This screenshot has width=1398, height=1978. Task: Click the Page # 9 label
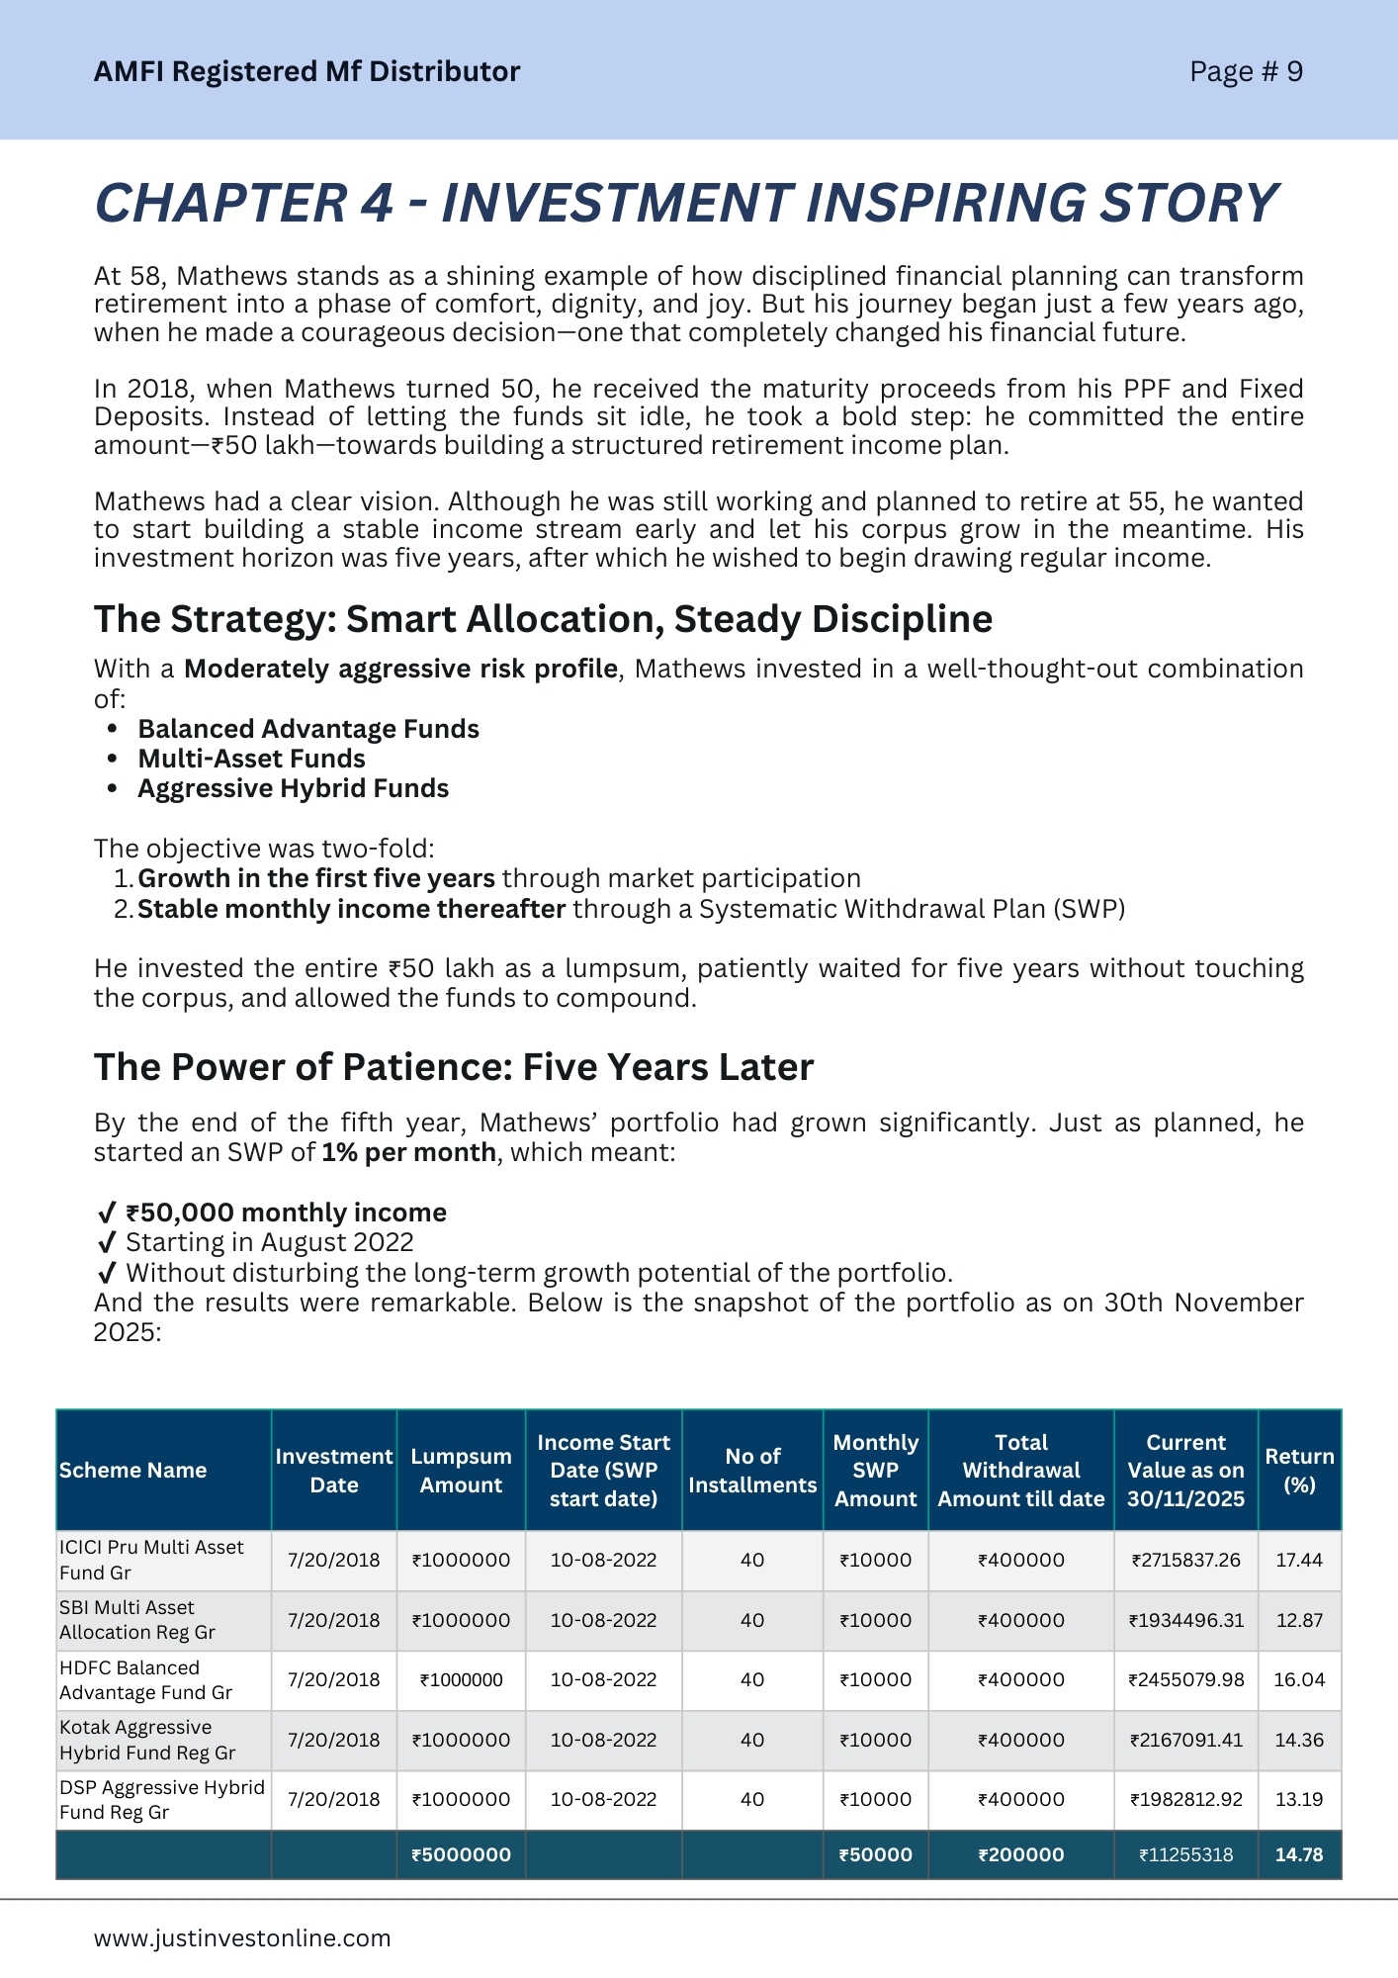1246,71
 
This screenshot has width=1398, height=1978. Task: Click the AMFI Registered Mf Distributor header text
306,71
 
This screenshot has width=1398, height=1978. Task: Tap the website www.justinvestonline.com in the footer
242,1937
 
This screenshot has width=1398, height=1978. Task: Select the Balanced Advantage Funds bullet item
308,729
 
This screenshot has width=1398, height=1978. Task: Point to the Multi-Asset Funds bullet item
251,759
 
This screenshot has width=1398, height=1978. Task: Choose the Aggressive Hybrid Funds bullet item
293,788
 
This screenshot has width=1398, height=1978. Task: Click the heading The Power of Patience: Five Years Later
454,1067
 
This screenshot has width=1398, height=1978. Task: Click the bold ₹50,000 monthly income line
286,1213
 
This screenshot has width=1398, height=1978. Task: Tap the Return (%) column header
1299,1470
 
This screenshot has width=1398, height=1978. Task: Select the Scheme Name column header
132,1470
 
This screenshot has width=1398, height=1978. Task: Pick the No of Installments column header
752,1470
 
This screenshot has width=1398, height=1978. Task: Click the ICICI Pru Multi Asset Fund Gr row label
151,1560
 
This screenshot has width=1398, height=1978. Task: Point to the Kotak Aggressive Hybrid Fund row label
147,1740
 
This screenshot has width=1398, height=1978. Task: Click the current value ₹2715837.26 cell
1185,1560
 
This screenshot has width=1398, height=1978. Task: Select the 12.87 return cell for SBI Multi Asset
1299,1620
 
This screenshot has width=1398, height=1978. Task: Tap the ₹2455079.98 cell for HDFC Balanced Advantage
1185,1679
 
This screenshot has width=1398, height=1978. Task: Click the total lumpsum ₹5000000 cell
461,1854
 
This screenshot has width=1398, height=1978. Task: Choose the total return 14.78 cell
1299,1854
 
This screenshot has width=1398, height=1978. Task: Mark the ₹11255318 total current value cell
1185,1854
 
